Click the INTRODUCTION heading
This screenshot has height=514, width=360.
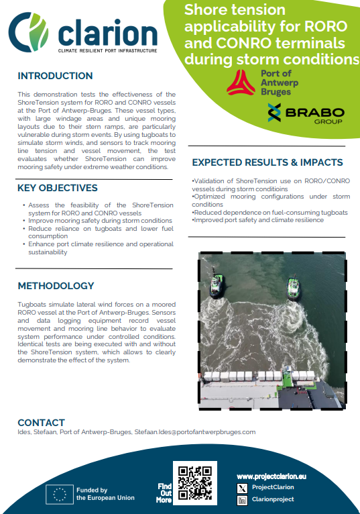[x=55, y=76]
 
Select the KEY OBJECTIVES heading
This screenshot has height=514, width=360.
[x=58, y=188]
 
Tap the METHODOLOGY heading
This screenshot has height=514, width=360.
[x=56, y=286]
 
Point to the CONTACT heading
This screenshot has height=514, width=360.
[x=41, y=423]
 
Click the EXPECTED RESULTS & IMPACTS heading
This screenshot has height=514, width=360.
[x=267, y=162]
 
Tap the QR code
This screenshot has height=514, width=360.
[x=194, y=482]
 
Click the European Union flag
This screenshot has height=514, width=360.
[x=58, y=494]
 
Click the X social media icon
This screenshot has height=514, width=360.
[x=243, y=487]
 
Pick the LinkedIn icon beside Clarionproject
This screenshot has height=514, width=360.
[x=243, y=500]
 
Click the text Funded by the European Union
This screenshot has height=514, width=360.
[x=105, y=494]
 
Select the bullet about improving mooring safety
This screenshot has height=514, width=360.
[x=100, y=221]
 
